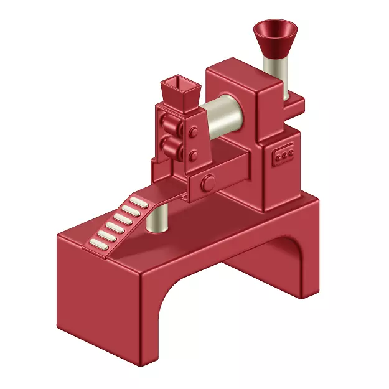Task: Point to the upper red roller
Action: coord(169,124)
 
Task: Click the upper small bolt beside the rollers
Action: coord(194,132)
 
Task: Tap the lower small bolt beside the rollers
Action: coord(194,154)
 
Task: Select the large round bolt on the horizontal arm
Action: coord(209,182)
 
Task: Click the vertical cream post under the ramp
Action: coord(159,218)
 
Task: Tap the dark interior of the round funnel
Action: coord(275,29)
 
